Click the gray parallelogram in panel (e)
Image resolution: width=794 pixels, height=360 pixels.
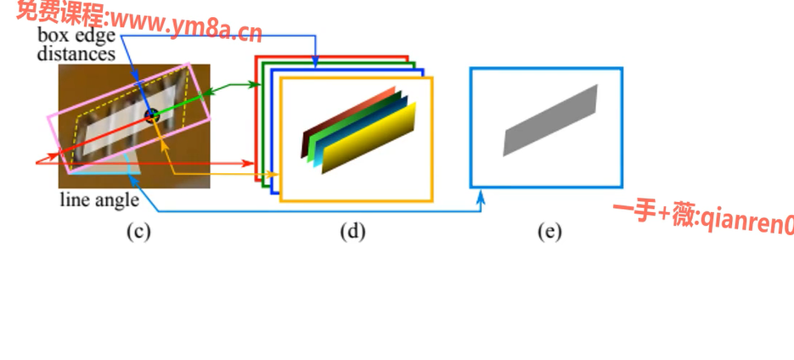550,120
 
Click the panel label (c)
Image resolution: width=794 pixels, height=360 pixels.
138,231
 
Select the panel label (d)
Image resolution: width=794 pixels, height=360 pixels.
352,231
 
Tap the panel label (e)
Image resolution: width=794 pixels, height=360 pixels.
549,231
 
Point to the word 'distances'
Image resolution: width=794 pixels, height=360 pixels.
76,53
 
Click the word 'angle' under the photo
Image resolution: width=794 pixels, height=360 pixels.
115,200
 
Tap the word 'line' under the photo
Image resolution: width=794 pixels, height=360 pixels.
74,200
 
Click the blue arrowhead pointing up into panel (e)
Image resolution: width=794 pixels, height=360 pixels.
481,197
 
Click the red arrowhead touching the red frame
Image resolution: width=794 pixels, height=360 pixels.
251,163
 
